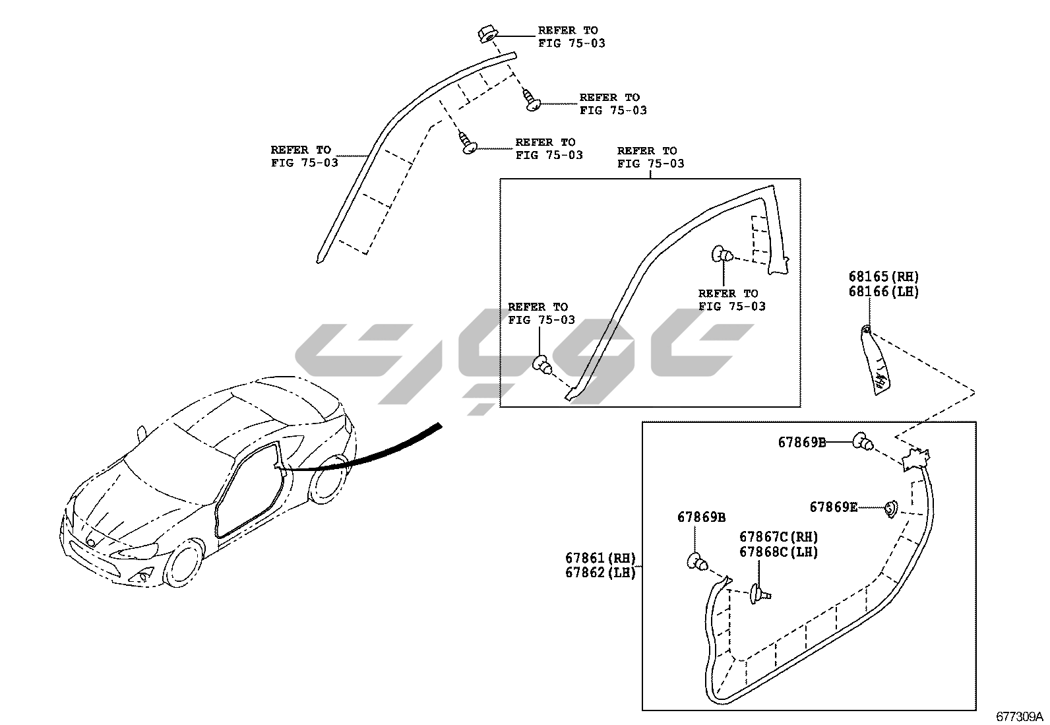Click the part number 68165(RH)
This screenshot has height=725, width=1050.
pos(883,277)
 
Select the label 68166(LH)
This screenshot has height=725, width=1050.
pos(883,291)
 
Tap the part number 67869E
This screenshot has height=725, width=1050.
pos(834,507)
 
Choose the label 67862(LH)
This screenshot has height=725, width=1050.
pos(600,573)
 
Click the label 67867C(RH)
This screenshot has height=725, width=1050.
pos(778,537)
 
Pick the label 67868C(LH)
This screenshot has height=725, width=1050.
pos(778,552)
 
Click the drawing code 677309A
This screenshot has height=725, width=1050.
pos(1020,716)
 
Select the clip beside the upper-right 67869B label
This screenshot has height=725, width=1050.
pos(862,441)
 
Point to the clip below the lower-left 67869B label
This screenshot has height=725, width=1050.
pos(698,563)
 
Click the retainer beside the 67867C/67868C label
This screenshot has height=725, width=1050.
pos(758,594)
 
